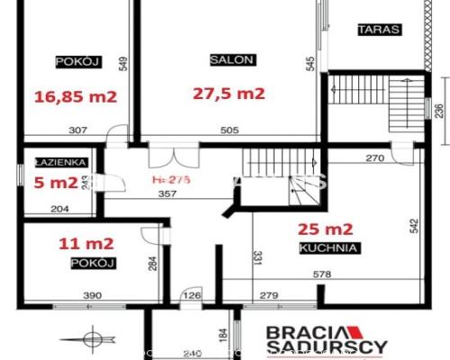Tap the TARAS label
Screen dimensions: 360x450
tap(379, 29)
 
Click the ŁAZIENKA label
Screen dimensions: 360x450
tap(60, 163)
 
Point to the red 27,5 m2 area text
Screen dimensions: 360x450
tap(229, 92)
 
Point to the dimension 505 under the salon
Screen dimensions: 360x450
tap(229, 131)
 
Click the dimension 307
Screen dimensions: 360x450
tap(76, 131)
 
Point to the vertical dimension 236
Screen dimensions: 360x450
tap(438, 111)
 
